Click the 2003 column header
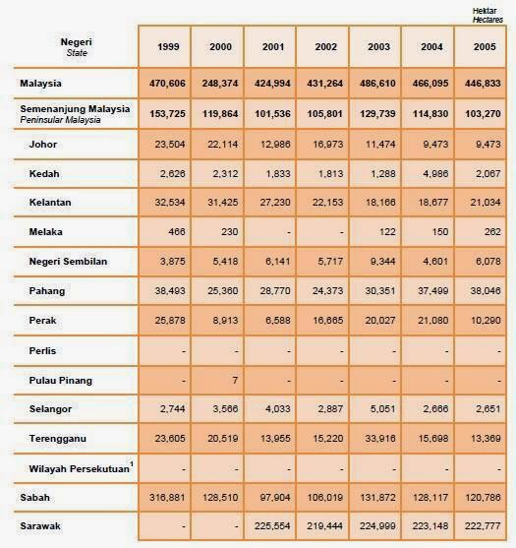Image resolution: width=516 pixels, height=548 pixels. (378, 47)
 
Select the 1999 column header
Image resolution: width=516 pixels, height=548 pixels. (168, 47)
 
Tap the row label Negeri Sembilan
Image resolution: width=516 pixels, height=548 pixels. (68, 262)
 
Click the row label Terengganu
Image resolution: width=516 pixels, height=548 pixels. (58, 438)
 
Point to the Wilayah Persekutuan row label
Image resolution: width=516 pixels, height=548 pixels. (80, 468)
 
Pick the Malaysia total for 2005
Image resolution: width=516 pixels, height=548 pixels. (483, 84)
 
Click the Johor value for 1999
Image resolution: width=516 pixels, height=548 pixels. (170, 144)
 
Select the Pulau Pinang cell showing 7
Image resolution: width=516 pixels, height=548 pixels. (235, 380)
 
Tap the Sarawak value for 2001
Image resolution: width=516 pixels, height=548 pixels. (272, 526)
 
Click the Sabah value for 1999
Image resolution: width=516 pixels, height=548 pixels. (167, 497)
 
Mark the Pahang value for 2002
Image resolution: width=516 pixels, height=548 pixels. (327, 291)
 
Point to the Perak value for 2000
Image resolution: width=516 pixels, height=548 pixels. (225, 320)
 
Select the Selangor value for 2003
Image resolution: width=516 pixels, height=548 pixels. (382, 408)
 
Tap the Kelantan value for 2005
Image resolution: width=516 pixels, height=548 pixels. (486, 203)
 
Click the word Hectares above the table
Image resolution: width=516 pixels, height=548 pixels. (487, 20)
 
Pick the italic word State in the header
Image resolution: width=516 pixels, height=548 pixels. (77, 53)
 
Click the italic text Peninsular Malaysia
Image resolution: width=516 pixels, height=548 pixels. (60, 120)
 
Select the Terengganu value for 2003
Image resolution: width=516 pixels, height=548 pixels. (380, 438)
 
